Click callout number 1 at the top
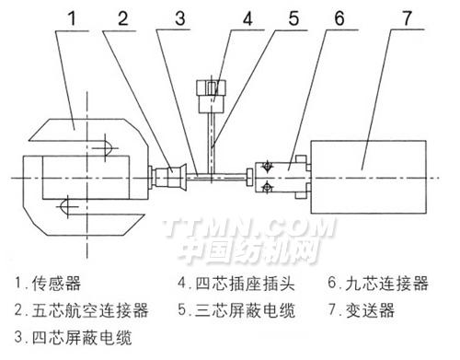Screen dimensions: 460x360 [72, 18]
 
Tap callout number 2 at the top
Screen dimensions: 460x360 [123, 18]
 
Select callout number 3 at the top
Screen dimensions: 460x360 [180, 18]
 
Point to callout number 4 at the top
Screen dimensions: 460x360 [247, 18]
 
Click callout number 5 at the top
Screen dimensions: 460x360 [293, 18]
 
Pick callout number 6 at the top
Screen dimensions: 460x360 [339, 18]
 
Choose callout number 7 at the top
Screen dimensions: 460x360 [407, 18]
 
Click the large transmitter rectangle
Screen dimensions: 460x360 [369, 177]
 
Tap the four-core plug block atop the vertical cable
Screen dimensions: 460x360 [212, 96]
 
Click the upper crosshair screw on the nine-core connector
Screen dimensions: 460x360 [267, 167]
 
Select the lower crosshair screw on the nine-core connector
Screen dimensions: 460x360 [267, 187]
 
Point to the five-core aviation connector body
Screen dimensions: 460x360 [167, 177]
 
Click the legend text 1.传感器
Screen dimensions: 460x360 [48, 283]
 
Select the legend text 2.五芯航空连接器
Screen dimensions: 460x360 [82, 310]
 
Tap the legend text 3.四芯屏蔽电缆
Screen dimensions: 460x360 [74, 337]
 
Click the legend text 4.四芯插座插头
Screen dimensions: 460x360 [236, 283]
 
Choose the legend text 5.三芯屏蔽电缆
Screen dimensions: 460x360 [236, 310]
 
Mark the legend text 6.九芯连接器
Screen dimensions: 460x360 [378, 283]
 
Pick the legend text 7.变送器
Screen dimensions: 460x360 [362, 310]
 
